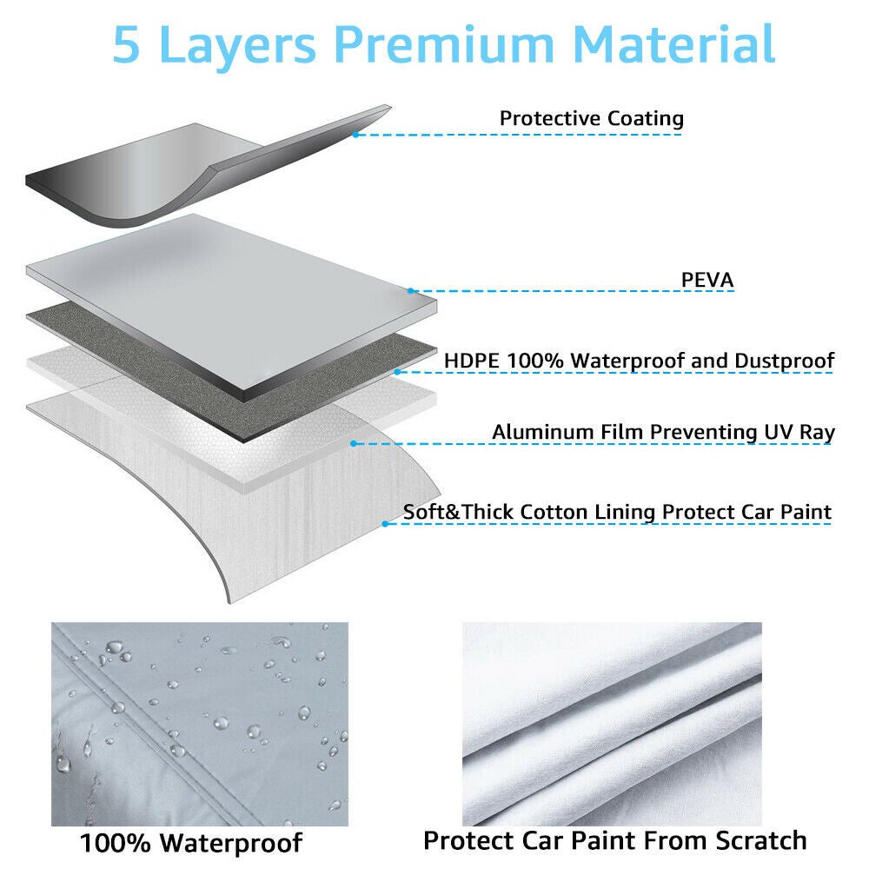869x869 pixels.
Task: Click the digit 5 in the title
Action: click(x=128, y=44)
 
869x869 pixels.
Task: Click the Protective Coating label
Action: click(x=591, y=118)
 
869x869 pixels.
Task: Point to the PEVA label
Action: click(x=707, y=280)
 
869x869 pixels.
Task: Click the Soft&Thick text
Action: click(x=458, y=512)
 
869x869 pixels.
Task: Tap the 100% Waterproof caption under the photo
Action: click(x=191, y=843)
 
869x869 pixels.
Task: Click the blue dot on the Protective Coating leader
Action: click(x=355, y=134)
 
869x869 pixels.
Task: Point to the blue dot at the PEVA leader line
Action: click(x=411, y=291)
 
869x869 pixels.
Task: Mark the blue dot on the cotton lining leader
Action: click(x=385, y=523)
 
